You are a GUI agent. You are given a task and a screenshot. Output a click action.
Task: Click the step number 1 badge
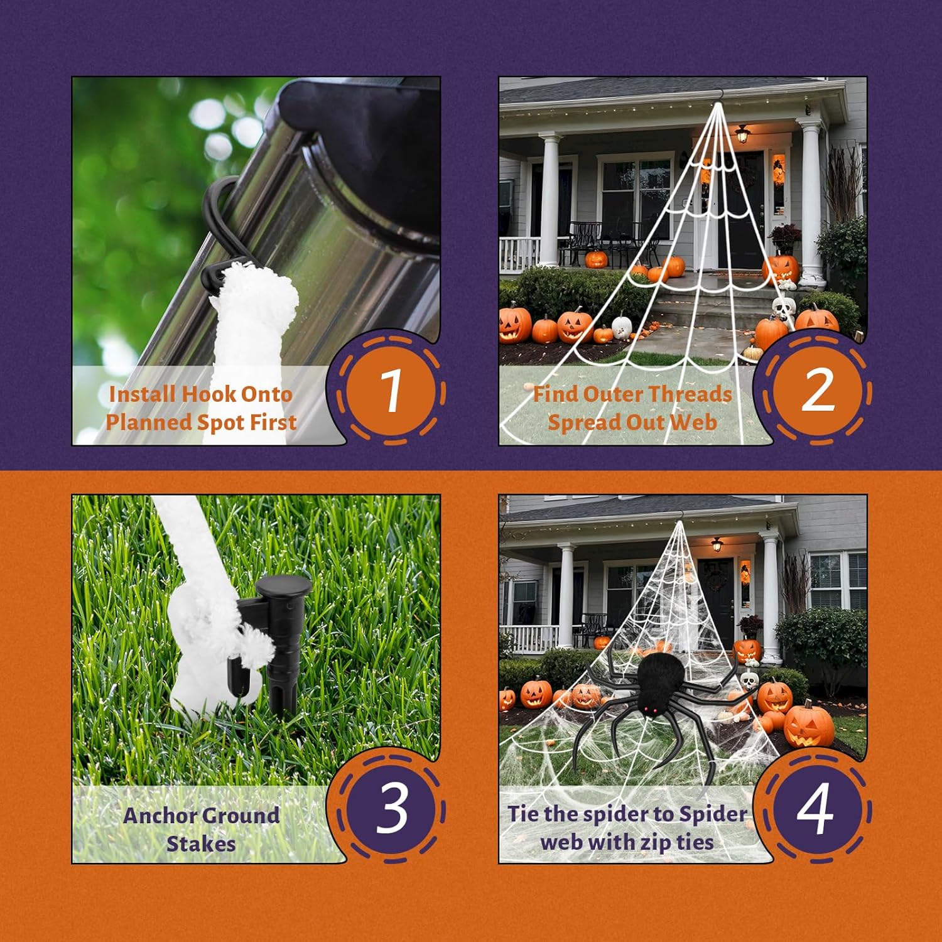391,391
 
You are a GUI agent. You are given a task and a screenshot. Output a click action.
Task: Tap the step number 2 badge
818,391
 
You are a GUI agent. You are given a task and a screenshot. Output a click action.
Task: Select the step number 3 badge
391,809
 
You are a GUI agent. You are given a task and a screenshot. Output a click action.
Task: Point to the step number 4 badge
818,809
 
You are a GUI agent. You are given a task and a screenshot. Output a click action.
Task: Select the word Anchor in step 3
160,815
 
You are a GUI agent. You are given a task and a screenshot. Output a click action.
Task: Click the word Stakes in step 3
201,843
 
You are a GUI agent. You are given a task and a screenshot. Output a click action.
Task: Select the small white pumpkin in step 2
621,325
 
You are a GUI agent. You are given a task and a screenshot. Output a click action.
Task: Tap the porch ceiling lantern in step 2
743,133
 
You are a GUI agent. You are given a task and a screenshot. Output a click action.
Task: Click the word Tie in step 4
523,813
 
